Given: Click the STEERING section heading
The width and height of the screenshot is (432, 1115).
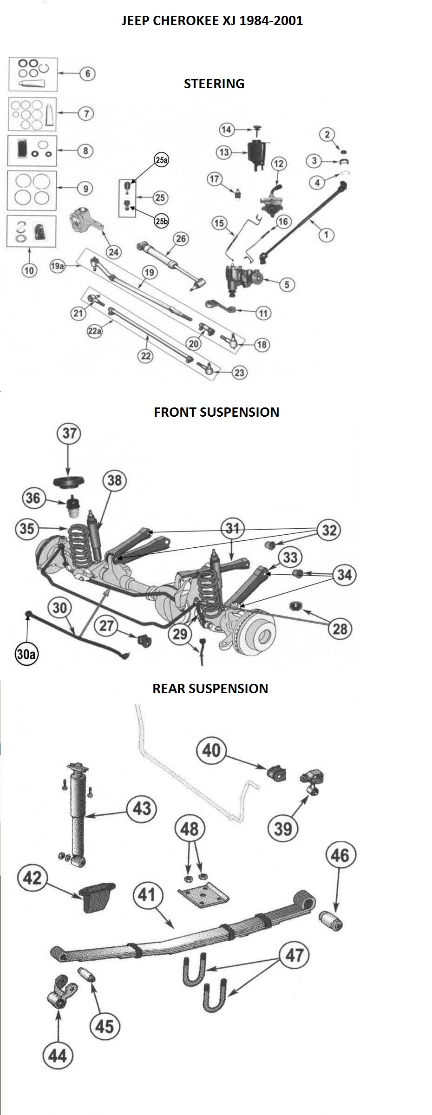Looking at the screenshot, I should pyautogui.click(x=214, y=84).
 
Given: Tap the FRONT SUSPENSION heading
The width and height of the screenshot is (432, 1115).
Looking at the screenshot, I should pyautogui.click(x=216, y=412).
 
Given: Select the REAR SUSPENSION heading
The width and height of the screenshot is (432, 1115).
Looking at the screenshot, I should pyautogui.click(x=210, y=688).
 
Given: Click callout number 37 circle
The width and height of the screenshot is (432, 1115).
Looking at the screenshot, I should pyautogui.click(x=69, y=433).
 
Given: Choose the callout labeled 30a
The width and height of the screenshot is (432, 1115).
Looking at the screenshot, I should pyautogui.click(x=26, y=654).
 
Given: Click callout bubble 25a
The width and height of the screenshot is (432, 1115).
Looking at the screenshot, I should pyautogui.click(x=161, y=160).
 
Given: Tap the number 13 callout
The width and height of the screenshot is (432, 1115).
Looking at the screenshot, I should pyautogui.click(x=224, y=152).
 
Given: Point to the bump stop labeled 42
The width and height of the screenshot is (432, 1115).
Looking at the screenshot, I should pyautogui.click(x=97, y=896).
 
